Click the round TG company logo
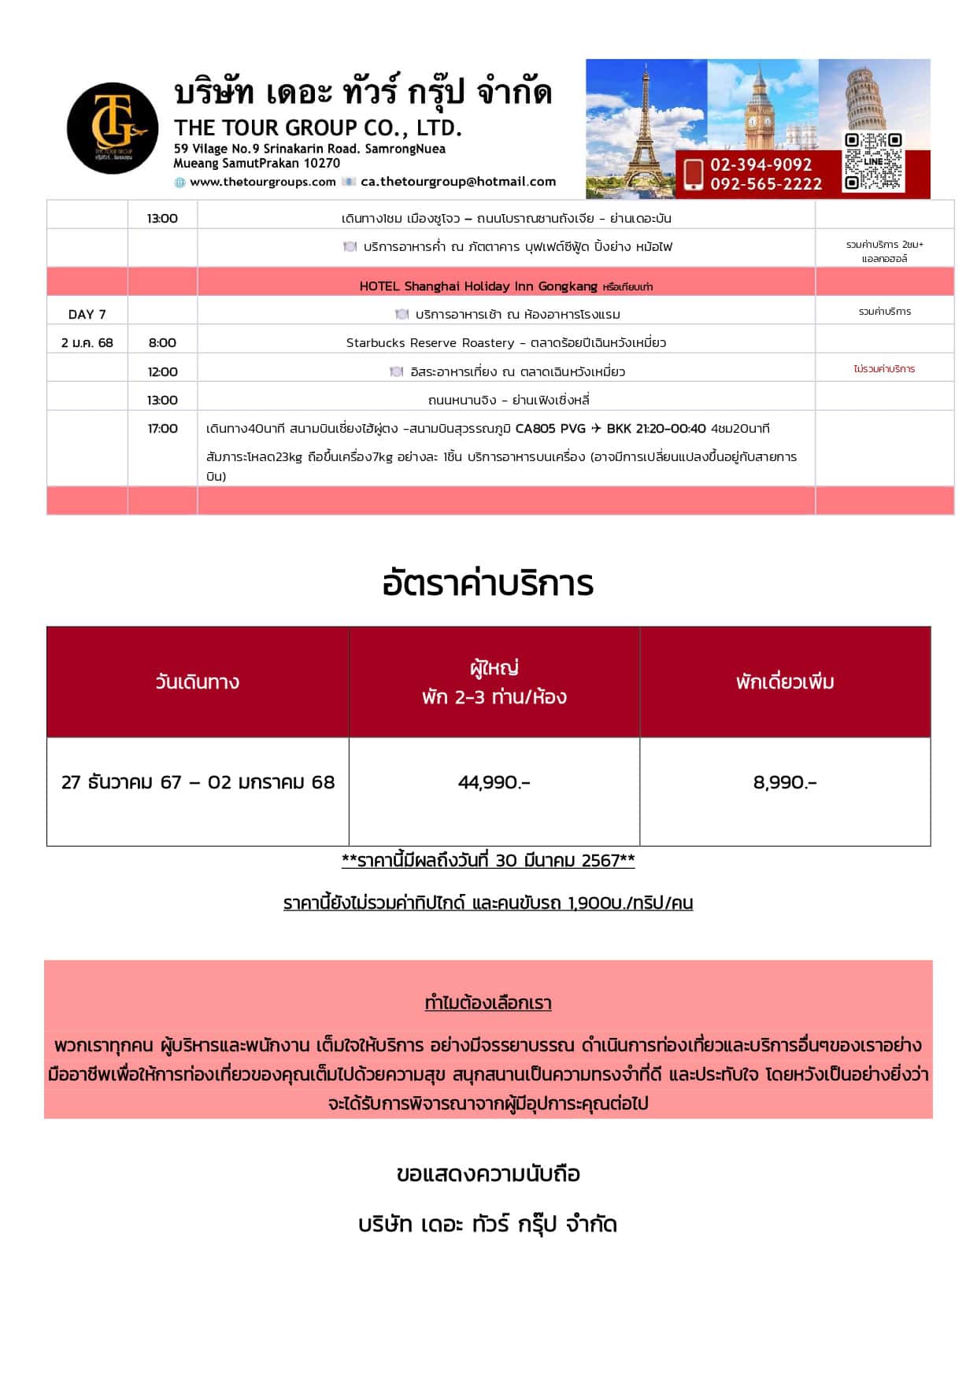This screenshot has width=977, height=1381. pyautogui.click(x=113, y=128)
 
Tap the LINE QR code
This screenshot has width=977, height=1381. pyautogui.click(x=872, y=161)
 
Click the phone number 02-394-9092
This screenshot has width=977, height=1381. pyautogui.click(x=761, y=164)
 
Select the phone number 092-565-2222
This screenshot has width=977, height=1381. pyautogui.click(x=765, y=184)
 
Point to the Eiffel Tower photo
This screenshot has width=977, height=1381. pyautogui.click(x=646, y=118)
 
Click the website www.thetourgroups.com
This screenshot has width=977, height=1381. pyautogui.click(x=262, y=182)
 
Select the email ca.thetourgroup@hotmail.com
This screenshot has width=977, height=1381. pyautogui.click(x=458, y=182)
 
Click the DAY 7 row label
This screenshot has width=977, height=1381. pyautogui.click(x=87, y=314)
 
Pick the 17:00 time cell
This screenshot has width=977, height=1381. pyautogui.click(x=162, y=428)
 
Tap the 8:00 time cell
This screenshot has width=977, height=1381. pyautogui.click(x=162, y=342)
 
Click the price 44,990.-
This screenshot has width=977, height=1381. pyautogui.click(x=494, y=782)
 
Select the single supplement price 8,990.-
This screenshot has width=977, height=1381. pyautogui.click(x=784, y=782)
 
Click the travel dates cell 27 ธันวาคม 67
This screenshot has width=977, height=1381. pyautogui.click(x=198, y=782)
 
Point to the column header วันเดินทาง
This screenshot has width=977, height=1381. pyautogui.click(x=197, y=681)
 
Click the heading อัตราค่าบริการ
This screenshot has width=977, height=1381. pyautogui.click(x=487, y=584)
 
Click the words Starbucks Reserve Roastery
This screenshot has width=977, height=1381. pyautogui.click(x=430, y=342)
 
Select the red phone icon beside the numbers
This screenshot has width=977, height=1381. pyautogui.click(x=693, y=174)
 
